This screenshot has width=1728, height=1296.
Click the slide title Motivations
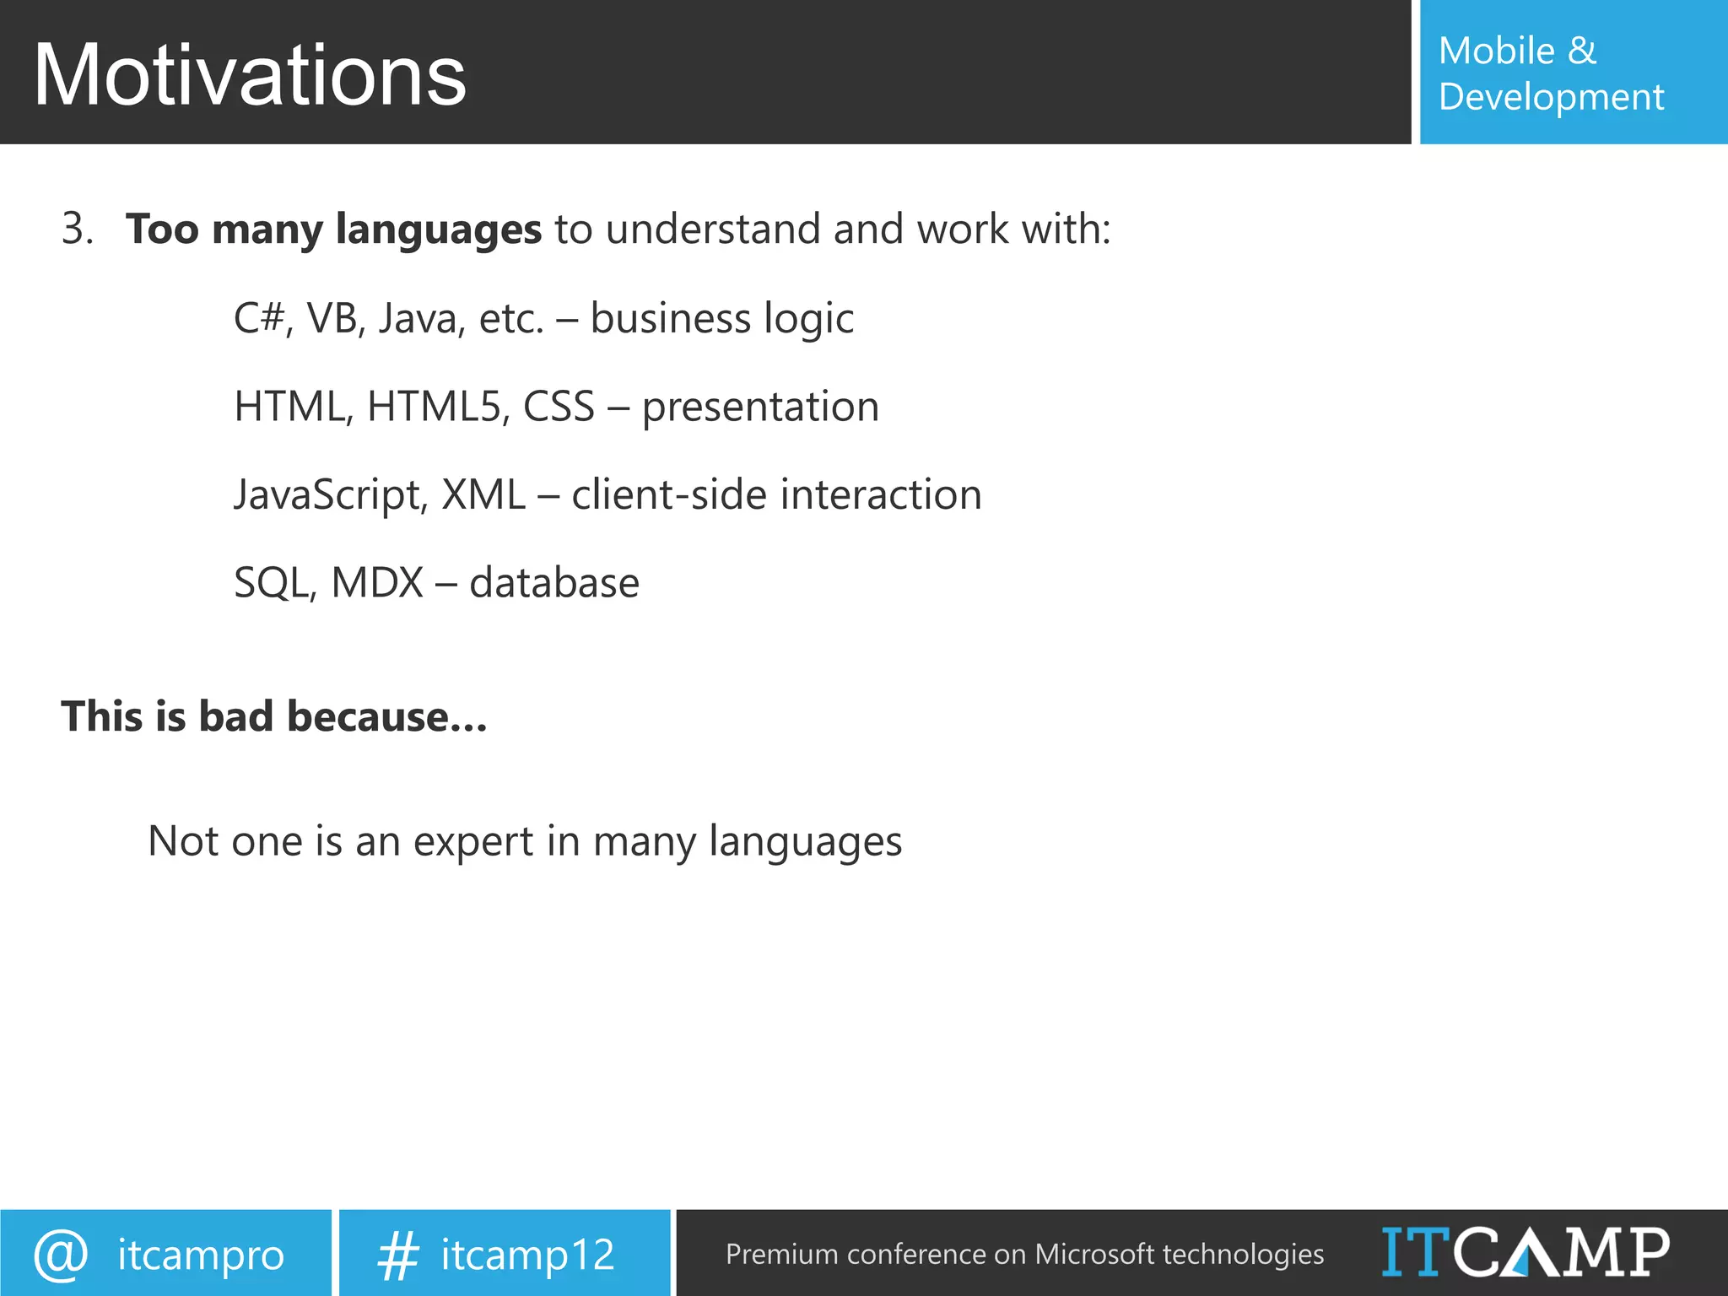(250, 76)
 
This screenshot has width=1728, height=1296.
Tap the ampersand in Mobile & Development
(1581, 51)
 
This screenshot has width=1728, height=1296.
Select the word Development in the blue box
(1551, 98)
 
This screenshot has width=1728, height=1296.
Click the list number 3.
(77, 229)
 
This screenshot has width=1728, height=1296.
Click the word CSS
(559, 407)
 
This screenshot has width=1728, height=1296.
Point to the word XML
(483, 494)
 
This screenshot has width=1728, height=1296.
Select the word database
(553, 583)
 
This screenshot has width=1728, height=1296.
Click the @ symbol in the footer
(61, 1254)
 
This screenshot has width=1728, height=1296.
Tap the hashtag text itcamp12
(527, 1255)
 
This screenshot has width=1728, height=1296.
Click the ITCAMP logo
(1525, 1252)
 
